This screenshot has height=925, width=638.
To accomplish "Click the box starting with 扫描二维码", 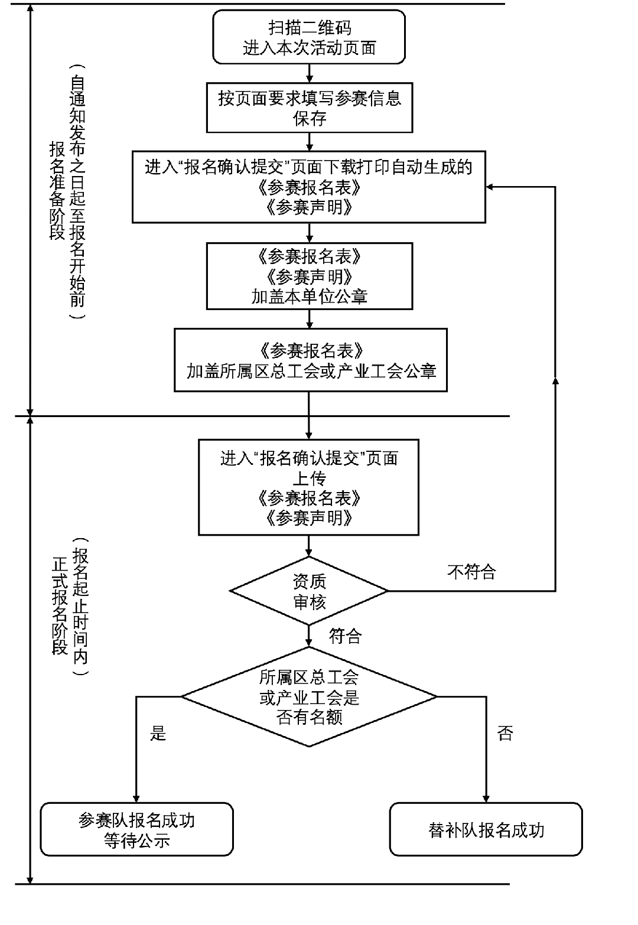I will [x=309, y=37].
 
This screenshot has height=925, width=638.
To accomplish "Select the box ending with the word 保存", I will [x=309, y=108].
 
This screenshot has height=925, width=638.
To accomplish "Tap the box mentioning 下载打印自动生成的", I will [x=309, y=187].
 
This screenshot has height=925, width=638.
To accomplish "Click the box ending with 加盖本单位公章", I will [x=309, y=276].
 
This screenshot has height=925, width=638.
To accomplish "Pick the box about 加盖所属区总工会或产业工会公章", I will [x=311, y=360].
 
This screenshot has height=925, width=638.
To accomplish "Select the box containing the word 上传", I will [x=309, y=487].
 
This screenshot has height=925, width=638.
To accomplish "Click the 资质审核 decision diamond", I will [x=309, y=591].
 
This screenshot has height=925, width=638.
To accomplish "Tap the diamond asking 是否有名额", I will [x=309, y=697].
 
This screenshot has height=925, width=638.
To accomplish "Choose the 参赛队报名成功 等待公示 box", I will [x=136, y=829].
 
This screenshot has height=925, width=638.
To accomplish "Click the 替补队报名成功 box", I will [x=486, y=829].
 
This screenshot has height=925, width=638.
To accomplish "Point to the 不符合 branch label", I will [x=471, y=572].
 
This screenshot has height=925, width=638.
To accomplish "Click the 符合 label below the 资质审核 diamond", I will [x=345, y=636].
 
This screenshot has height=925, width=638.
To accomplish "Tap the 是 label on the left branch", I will [x=158, y=734].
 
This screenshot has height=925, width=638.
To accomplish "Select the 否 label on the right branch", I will [x=505, y=734].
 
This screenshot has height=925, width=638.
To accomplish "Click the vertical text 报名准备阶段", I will [x=57, y=190].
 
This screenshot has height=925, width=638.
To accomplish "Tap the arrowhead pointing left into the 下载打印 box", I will [x=490, y=187].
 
